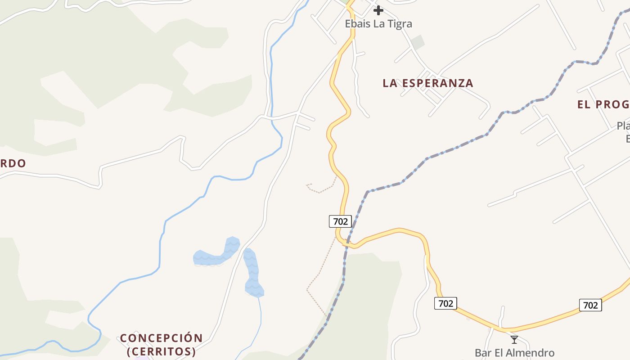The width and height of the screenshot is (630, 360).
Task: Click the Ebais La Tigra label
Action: click(378, 23)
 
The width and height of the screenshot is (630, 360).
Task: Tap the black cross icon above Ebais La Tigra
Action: click(378, 10)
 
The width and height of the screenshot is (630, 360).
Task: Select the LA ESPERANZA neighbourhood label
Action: click(427, 83)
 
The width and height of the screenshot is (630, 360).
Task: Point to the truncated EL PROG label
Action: click(603, 105)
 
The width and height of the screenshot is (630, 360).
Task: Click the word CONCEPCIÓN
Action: click(161, 338)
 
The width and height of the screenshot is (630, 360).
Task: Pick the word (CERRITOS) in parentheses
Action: click(161, 351)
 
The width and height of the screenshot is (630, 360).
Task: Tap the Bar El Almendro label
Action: click(514, 353)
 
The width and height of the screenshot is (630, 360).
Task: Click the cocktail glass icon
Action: click(514, 340)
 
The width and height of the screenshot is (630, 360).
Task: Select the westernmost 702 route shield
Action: click(340, 221)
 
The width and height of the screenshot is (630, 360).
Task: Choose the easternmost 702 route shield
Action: click(590, 305)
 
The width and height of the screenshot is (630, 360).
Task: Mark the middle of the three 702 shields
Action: click(445, 303)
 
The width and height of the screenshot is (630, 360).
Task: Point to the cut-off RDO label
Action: click(13, 163)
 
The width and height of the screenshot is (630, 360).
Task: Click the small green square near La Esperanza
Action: click(418, 42)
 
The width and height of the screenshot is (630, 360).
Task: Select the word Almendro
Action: click(531, 353)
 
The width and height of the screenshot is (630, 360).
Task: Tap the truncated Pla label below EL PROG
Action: click(623, 126)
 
